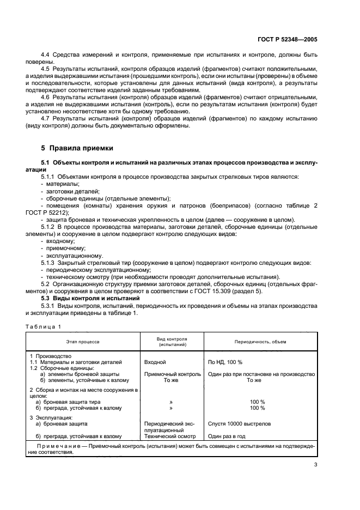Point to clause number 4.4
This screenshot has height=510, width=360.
pos(46,55)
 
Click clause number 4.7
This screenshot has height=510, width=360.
pos(46,119)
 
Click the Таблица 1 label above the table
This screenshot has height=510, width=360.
pos(44,326)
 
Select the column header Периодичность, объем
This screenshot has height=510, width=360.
pos(260,341)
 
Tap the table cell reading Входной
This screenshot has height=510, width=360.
pos(155,361)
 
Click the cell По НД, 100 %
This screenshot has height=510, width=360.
pos(225,361)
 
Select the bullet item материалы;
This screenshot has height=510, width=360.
pos(63,184)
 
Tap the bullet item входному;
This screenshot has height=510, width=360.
pos(60,241)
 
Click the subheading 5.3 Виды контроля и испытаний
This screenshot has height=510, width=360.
pos(90,299)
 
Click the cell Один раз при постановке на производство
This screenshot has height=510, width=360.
pos(261,374)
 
